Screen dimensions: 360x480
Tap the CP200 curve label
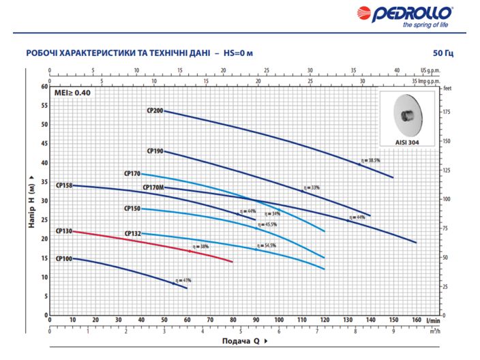[x=154, y=110]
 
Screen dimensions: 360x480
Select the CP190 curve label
[x=155, y=150]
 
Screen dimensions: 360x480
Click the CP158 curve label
[x=64, y=185]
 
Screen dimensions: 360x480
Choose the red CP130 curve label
[x=63, y=231]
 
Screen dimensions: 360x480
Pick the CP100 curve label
[x=63, y=258]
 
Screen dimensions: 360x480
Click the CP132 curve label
[x=132, y=234]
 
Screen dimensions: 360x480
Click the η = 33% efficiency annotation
[x=312, y=187]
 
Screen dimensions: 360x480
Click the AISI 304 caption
[x=407, y=142]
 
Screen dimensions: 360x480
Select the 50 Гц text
[x=442, y=53]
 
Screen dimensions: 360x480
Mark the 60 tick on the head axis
[x=44, y=87]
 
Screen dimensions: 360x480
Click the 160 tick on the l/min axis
[x=415, y=319]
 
